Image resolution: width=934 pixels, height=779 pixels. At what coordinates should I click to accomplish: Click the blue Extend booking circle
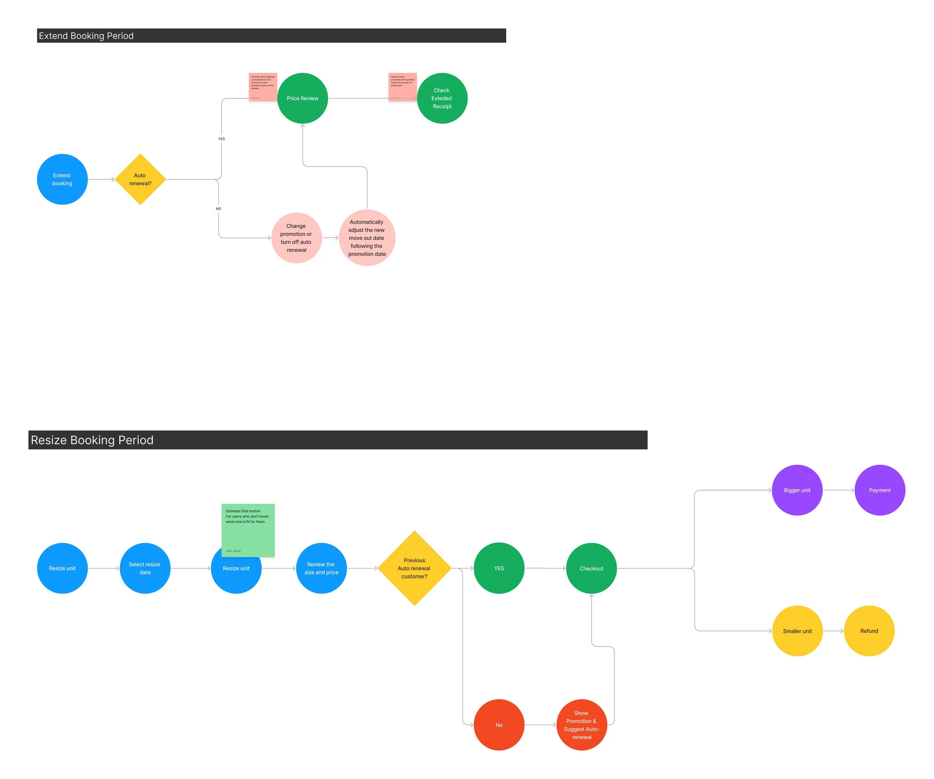point(62,179)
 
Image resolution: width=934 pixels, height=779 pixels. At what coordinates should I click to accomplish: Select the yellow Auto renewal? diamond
point(140,179)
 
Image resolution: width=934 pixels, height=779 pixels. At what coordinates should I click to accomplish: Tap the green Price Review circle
point(303,98)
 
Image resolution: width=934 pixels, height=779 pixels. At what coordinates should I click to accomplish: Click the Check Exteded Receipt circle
point(442,98)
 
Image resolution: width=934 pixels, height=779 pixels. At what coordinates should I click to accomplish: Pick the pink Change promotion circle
point(296,238)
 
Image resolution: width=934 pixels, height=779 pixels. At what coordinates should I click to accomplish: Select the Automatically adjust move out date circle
point(367,238)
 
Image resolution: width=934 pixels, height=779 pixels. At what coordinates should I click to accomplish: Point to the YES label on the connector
point(222,139)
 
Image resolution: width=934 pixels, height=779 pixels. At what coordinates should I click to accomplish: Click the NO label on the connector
point(219,208)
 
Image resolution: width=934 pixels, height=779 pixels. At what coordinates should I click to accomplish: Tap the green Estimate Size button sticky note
point(248,529)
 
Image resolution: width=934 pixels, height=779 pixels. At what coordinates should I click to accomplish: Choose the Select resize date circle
point(145,568)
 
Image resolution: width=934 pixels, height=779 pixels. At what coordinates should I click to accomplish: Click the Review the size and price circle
point(321,568)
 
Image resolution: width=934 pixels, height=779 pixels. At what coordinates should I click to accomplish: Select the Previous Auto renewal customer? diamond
point(414,568)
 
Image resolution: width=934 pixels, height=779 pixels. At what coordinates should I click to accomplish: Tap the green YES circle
point(499,568)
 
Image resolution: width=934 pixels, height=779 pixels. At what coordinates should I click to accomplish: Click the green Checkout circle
point(591,568)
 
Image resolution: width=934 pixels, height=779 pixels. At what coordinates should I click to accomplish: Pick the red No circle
point(499,725)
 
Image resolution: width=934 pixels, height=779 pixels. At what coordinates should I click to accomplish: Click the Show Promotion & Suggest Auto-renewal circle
point(582,725)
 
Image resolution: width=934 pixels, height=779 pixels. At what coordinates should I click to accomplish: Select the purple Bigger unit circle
point(797,490)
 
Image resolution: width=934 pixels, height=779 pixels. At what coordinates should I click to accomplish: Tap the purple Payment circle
point(880,490)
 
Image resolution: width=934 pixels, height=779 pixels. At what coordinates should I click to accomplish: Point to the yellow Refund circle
point(869,631)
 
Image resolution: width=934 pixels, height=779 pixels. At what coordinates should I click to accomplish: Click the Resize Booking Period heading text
point(92,440)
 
